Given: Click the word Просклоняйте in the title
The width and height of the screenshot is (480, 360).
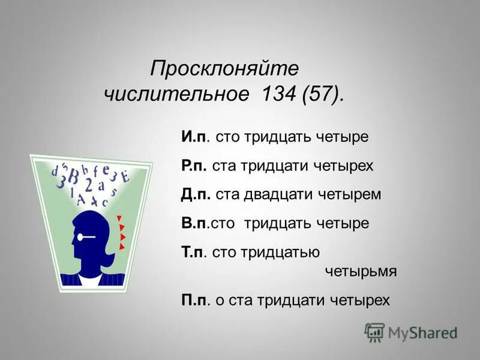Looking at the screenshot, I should tap(224, 68).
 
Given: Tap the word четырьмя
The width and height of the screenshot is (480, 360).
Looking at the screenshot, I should tap(361, 271).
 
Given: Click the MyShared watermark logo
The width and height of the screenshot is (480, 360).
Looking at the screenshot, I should tap(412, 332).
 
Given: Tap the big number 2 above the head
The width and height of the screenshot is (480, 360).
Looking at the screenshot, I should tap(89, 183).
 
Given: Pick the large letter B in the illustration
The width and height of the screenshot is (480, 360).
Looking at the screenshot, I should tap(73, 178).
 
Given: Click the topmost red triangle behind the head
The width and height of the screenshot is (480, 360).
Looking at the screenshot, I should tap(119, 218).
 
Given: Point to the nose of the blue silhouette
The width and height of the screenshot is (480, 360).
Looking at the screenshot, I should tap(70, 239).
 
